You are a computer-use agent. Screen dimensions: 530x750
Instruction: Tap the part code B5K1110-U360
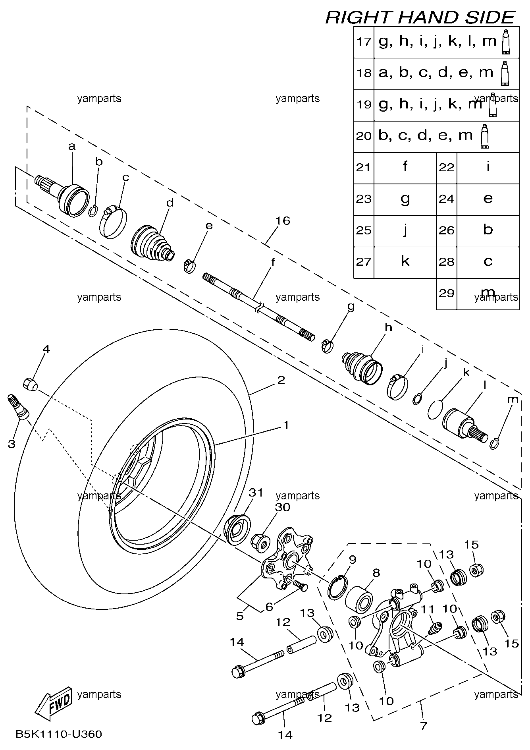[59, 734]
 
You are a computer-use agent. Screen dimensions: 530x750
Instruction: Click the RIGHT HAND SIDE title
[420, 17]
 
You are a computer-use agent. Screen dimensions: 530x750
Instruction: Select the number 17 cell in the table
[364, 41]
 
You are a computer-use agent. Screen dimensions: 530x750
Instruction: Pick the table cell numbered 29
[447, 294]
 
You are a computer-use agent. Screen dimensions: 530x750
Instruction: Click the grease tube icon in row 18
[505, 73]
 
